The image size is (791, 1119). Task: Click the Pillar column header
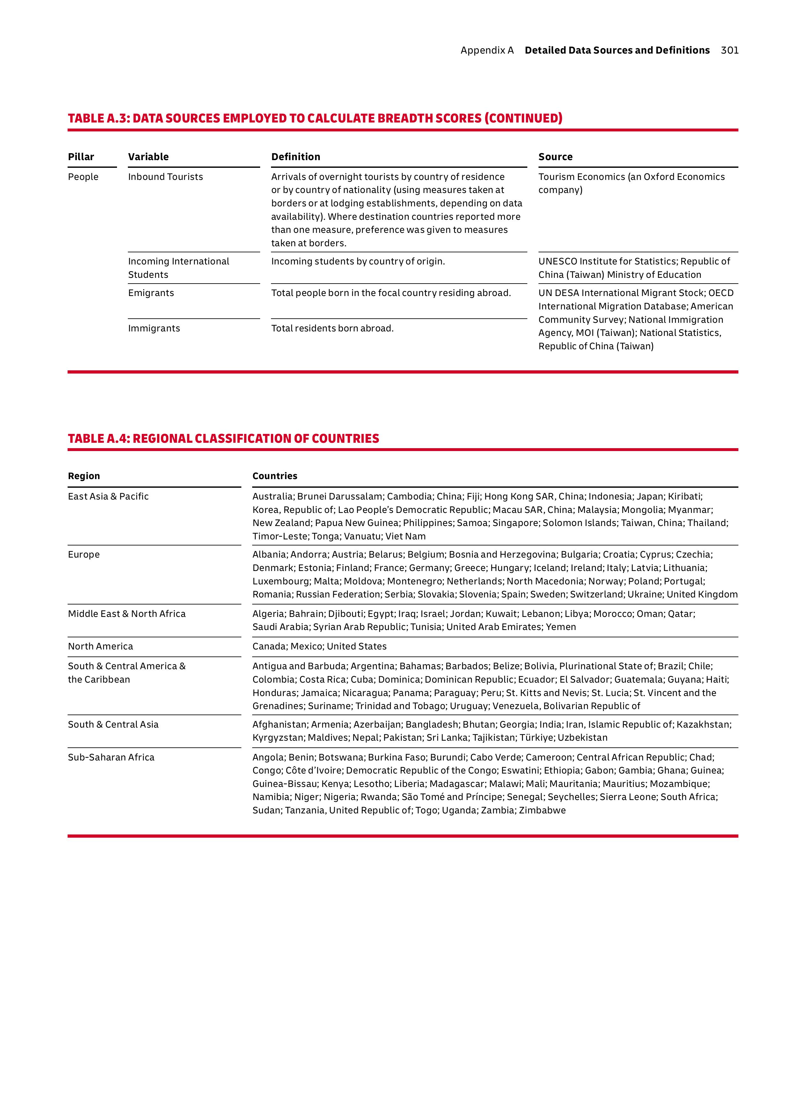[81, 157]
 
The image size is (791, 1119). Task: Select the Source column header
[555, 157]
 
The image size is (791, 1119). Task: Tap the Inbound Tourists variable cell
[165, 177]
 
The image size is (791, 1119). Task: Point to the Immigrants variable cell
[154, 329]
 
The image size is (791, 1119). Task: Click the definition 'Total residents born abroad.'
[332, 329]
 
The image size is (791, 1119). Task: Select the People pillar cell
[83, 177]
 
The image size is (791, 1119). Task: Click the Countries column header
[275, 476]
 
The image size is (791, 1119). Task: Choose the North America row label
[100, 647]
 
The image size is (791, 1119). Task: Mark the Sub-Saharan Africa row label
[111, 757]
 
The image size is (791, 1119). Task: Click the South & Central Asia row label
[113, 725]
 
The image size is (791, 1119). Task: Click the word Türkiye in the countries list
[536, 738]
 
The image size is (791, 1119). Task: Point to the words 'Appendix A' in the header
[487, 50]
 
